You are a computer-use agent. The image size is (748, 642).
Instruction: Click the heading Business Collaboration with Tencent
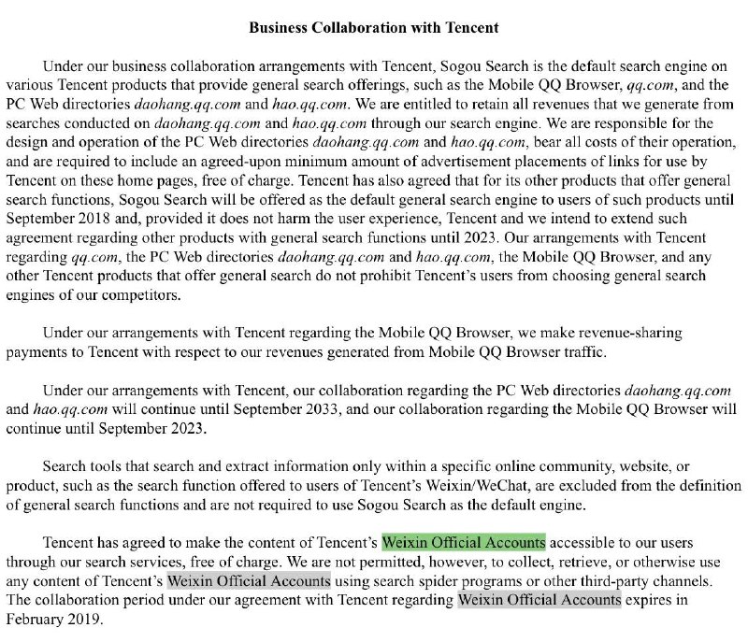(x=374, y=28)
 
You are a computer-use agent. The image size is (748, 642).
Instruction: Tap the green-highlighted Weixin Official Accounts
(x=463, y=542)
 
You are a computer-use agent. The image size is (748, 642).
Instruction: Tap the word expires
(x=653, y=600)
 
